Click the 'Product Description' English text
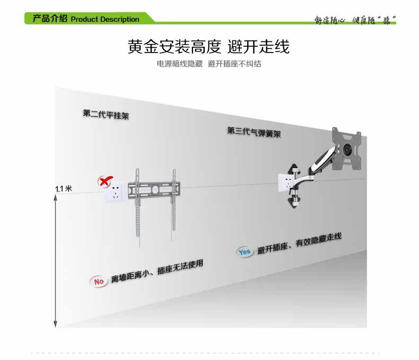[104, 20]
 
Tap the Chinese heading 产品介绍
[50, 19]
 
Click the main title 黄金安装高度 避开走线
[208, 46]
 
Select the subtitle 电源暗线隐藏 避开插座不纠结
[208, 64]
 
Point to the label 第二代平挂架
[106, 114]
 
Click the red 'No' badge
[99, 281]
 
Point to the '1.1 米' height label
[64, 188]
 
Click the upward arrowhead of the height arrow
[55, 198]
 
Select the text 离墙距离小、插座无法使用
[157, 271]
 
